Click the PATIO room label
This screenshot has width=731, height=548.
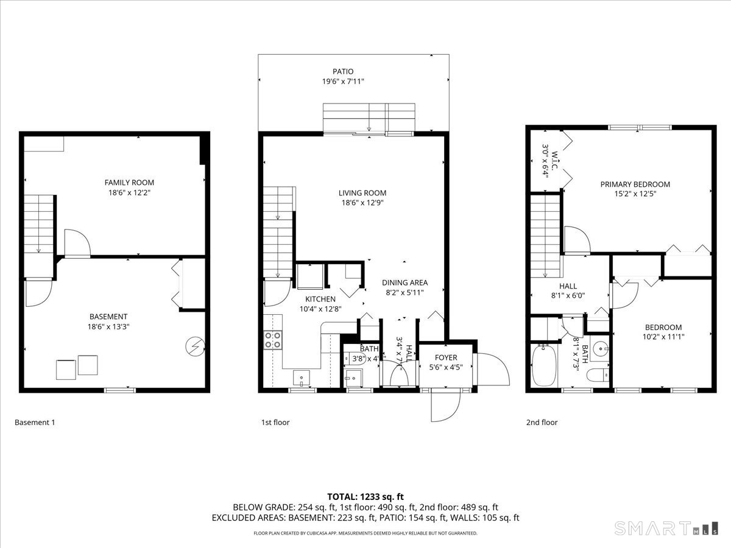tap(343, 71)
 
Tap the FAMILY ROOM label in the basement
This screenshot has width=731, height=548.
tap(129, 182)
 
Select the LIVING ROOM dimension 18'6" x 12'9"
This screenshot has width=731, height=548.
tap(362, 203)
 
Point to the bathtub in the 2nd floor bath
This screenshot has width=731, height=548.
tap(543, 366)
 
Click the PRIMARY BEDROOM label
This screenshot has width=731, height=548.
tap(635, 184)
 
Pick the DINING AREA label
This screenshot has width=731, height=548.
tap(404, 283)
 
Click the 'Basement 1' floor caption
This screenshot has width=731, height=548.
tap(35, 422)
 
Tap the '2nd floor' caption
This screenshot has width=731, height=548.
tap(542, 422)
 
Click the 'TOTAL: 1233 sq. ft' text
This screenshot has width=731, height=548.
tap(365, 496)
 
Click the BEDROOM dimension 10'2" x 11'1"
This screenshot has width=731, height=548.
tap(663, 337)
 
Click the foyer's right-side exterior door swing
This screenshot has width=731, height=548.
tap(492, 368)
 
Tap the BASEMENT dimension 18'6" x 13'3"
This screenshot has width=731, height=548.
tap(108, 326)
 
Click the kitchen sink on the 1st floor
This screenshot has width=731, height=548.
tap(301, 378)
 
